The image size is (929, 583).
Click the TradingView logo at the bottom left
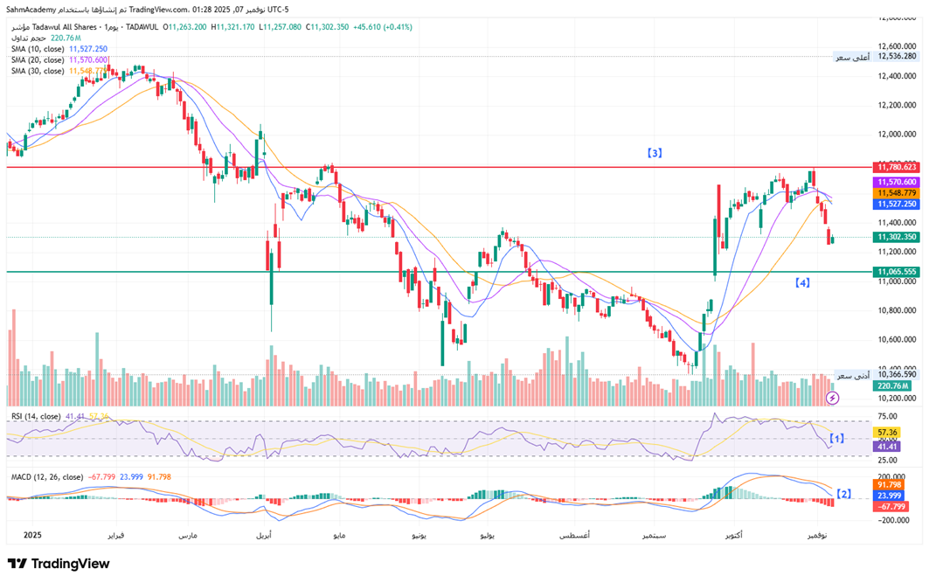point(59,564)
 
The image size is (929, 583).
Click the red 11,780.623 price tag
point(897,166)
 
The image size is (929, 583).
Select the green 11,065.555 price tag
point(897,272)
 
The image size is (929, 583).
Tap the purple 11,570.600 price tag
point(897,181)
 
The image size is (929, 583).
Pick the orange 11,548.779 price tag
point(897,192)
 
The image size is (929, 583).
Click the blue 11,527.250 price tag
point(897,203)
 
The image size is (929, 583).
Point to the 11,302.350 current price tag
point(897,237)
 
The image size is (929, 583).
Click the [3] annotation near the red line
point(654,153)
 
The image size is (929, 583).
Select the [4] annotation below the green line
point(802,282)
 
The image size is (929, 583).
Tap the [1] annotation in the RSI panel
point(836,438)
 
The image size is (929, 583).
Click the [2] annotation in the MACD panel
point(843,494)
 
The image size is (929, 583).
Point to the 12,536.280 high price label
point(898,56)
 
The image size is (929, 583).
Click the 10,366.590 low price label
point(898,374)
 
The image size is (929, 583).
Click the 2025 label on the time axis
point(32,534)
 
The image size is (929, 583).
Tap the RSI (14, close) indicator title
point(36,416)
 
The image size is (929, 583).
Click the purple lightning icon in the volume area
point(832,398)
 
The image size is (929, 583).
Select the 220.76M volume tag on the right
point(893,385)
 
